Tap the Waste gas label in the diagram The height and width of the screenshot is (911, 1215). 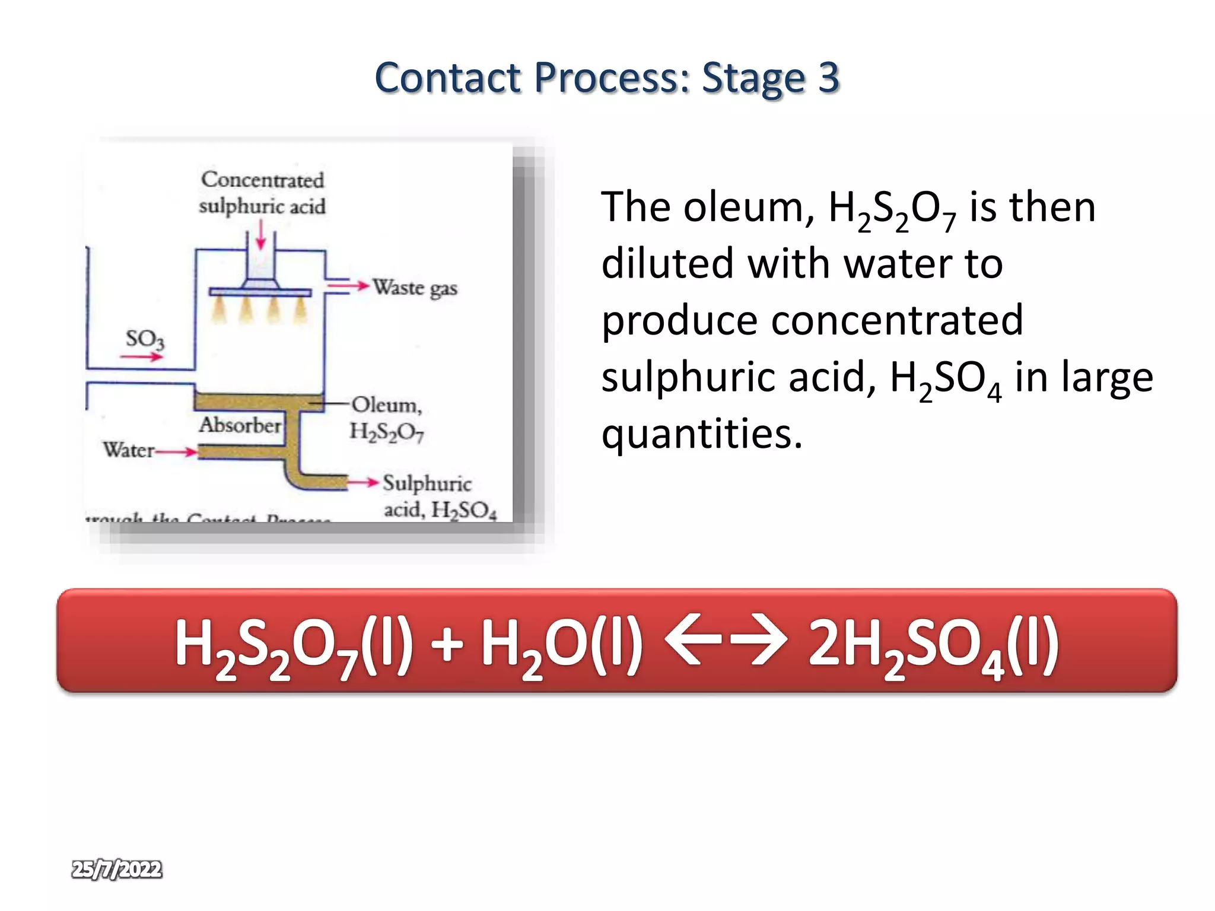point(415,288)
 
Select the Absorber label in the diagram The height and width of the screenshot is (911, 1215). point(240,425)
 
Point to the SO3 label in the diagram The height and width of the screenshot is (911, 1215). point(144,339)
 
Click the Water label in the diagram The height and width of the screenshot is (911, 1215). point(128,450)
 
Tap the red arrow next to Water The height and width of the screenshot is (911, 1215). point(176,453)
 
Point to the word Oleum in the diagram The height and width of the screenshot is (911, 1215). point(386,404)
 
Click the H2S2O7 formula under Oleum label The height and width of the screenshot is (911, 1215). point(386,432)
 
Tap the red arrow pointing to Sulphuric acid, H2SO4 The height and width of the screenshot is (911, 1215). point(363,482)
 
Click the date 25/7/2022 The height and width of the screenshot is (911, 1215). point(116,869)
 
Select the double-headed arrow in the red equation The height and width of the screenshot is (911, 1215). point(726,641)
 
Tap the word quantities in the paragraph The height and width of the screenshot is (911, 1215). point(701,434)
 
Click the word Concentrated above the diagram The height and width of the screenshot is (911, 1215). point(262,179)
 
